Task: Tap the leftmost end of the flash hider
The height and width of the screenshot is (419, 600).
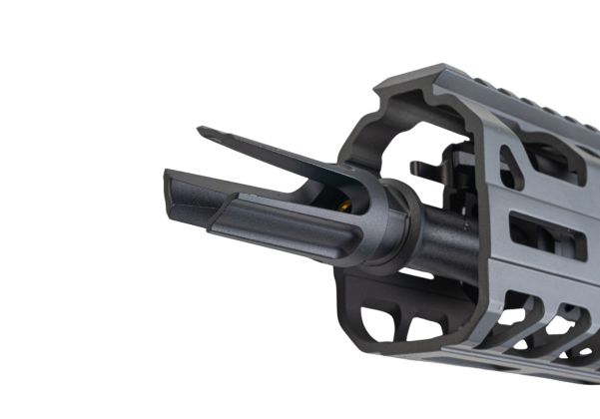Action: click(168, 190)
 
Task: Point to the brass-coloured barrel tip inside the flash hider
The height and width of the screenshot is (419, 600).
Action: click(345, 207)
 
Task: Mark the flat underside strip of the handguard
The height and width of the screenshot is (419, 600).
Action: click(519, 374)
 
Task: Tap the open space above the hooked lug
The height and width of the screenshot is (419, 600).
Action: click(424, 140)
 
